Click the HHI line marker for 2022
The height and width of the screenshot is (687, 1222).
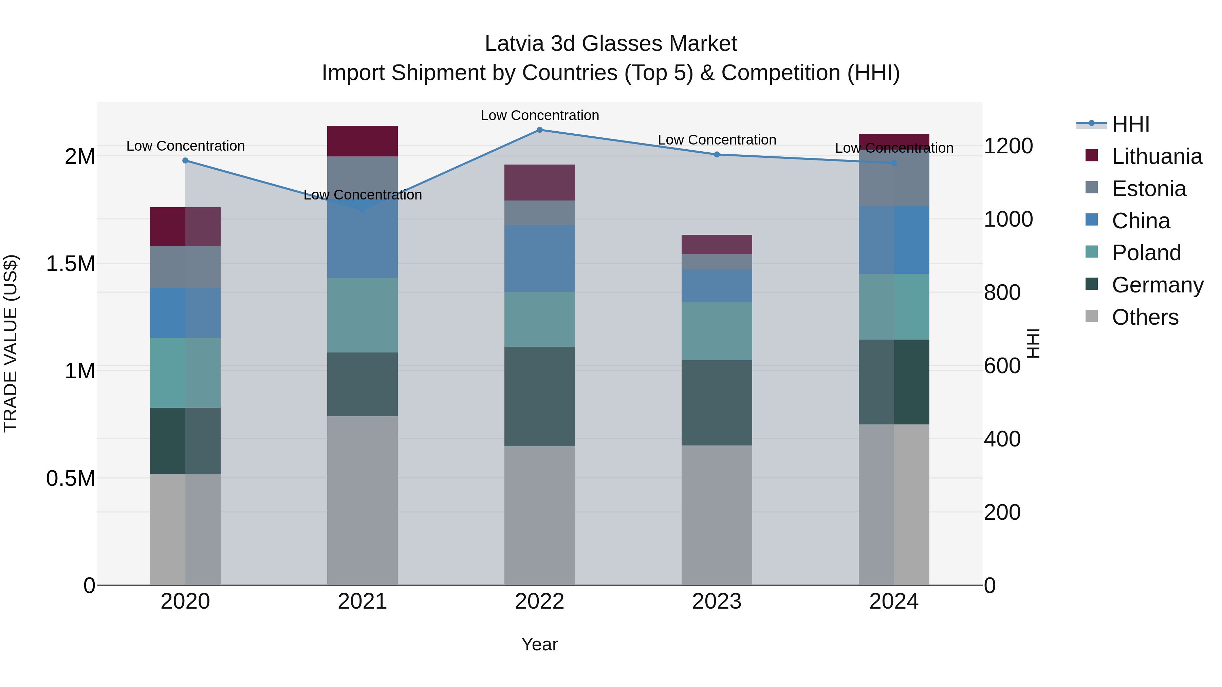pos(539,130)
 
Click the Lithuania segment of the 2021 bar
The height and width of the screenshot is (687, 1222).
pos(363,141)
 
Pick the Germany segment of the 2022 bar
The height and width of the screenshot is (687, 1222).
pos(539,396)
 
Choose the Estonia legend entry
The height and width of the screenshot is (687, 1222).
pos(1148,189)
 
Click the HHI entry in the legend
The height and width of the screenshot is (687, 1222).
pos(1130,124)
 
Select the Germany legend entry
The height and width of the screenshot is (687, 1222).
pos(1157,285)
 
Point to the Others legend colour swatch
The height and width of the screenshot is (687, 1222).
pos(1091,316)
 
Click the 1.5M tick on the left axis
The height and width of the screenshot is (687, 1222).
pos(70,264)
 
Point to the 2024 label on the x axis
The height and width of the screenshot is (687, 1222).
pos(894,601)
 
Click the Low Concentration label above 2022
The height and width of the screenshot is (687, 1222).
pos(539,115)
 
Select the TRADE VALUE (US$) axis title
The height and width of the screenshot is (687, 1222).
pos(11,343)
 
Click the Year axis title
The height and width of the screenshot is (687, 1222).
pos(539,644)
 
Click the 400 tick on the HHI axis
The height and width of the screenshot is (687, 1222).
pos(1002,439)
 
